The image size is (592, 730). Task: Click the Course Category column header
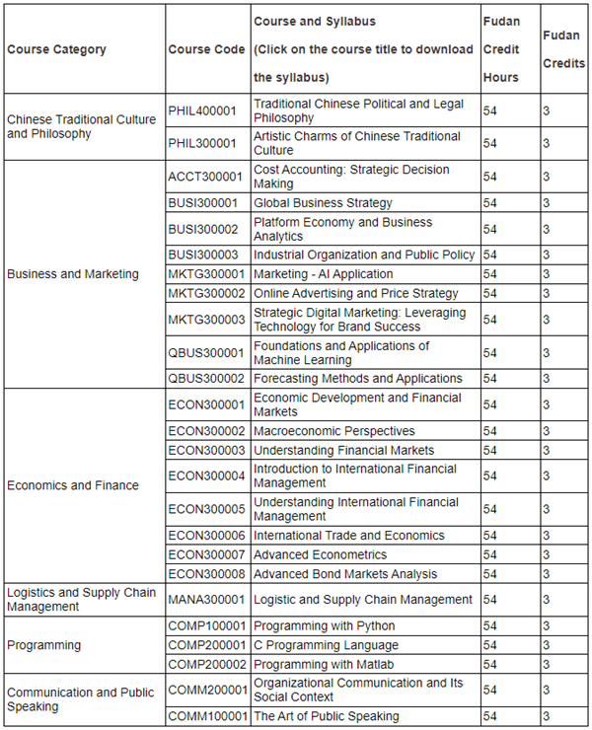tap(56, 49)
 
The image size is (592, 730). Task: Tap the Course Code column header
tap(206, 49)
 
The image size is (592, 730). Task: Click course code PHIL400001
tap(202, 111)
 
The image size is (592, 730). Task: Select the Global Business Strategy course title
tap(323, 203)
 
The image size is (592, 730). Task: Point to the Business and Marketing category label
tap(73, 274)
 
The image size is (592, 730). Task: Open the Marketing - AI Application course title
tap(323, 274)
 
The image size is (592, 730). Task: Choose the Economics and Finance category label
tap(73, 485)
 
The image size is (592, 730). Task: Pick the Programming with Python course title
tap(324, 625)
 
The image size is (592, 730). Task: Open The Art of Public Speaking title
tap(326, 716)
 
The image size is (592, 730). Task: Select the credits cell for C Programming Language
tap(547, 645)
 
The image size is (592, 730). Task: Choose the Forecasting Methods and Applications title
tap(357, 378)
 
